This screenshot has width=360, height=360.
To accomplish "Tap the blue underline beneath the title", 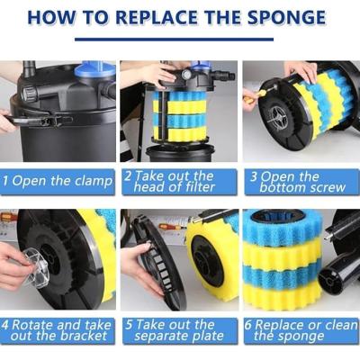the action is pyautogui.click(x=174, y=39).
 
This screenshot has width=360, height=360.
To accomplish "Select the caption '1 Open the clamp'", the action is pyautogui.click(x=58, y=181).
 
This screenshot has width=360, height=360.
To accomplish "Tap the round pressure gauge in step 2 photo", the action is pyautogui.click(x=186, y=74).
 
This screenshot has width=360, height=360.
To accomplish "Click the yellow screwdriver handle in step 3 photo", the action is pyautogui.click(x=249, y=100).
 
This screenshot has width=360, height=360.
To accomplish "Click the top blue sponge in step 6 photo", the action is pyautogui.click(x=282, y=227).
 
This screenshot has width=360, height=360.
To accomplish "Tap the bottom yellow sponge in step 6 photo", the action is pyautogui.click(x=282, y=295).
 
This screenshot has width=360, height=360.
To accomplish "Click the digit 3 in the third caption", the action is pyautogui.click(x=254, y=176).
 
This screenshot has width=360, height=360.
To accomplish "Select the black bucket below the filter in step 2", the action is pyautogui.click(x=180, y=153).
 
